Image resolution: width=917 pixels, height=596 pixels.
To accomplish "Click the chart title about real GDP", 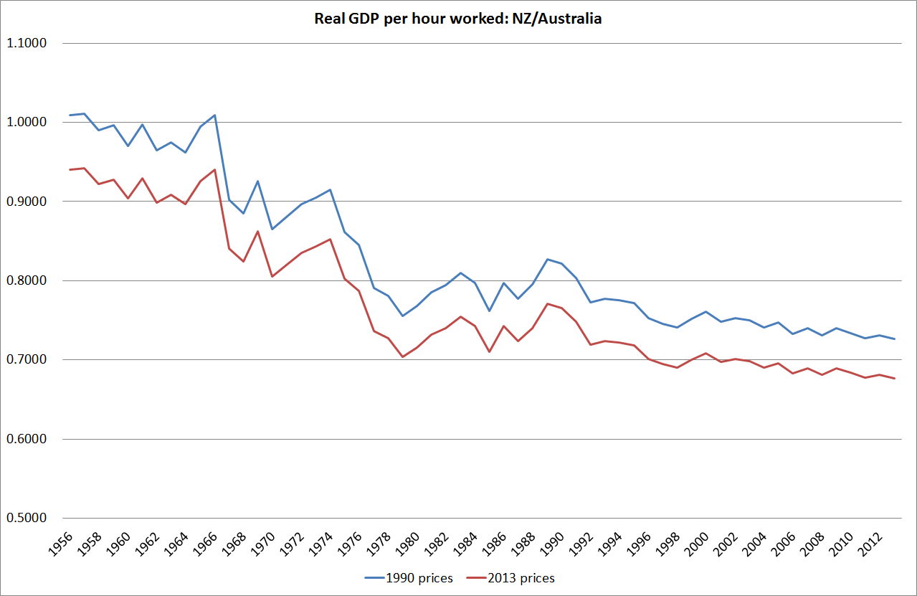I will pos(458,19).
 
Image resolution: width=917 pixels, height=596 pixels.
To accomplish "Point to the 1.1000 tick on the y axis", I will pos(27,43).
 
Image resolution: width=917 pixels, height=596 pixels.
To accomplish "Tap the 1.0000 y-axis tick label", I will pos(27,122).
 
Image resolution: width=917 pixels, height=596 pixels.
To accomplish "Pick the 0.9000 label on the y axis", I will pos(27,202).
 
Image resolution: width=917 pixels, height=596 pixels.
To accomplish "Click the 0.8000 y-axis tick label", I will pos(27,280).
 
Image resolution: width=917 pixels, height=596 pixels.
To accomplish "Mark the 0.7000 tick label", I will pos(27,360).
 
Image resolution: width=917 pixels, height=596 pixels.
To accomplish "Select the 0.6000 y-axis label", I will pos(27,439).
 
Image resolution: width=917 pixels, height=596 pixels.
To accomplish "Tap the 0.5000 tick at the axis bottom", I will pos(27,518).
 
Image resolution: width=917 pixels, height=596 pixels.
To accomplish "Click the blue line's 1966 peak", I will pos(214,115).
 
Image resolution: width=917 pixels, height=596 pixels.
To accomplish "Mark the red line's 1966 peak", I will pos(214,169).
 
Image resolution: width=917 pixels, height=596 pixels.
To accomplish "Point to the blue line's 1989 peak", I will pos(548,259).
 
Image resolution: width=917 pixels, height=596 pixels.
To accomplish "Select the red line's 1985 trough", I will pos(490,351).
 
